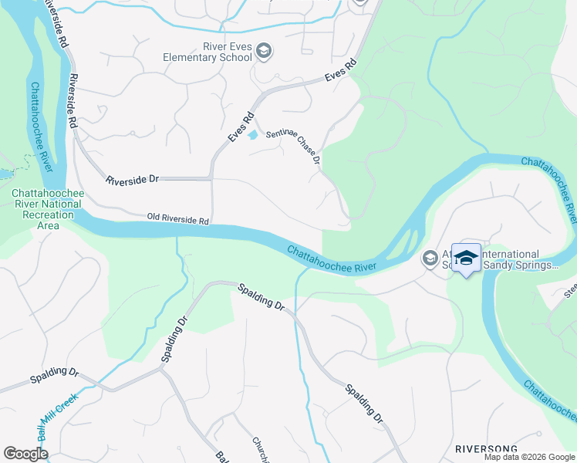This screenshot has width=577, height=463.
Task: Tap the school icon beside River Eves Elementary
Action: pyautogui.click(x=264, y=51)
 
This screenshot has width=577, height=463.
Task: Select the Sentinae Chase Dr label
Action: pyautogui.click(x=293, y=147)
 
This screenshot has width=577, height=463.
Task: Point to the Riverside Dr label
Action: pyautogui.click(x=132, y=179)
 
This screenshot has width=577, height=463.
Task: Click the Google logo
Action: pyautogui.click(x=26, y=454)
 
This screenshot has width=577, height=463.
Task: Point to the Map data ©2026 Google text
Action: pyautogui.click(x=528, y=457)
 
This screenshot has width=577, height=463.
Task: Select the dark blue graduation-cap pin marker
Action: pyautogui.click(x=466, y=257)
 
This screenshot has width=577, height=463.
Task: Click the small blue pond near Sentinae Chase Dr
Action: pyautogui.click(x=253, y=136)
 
